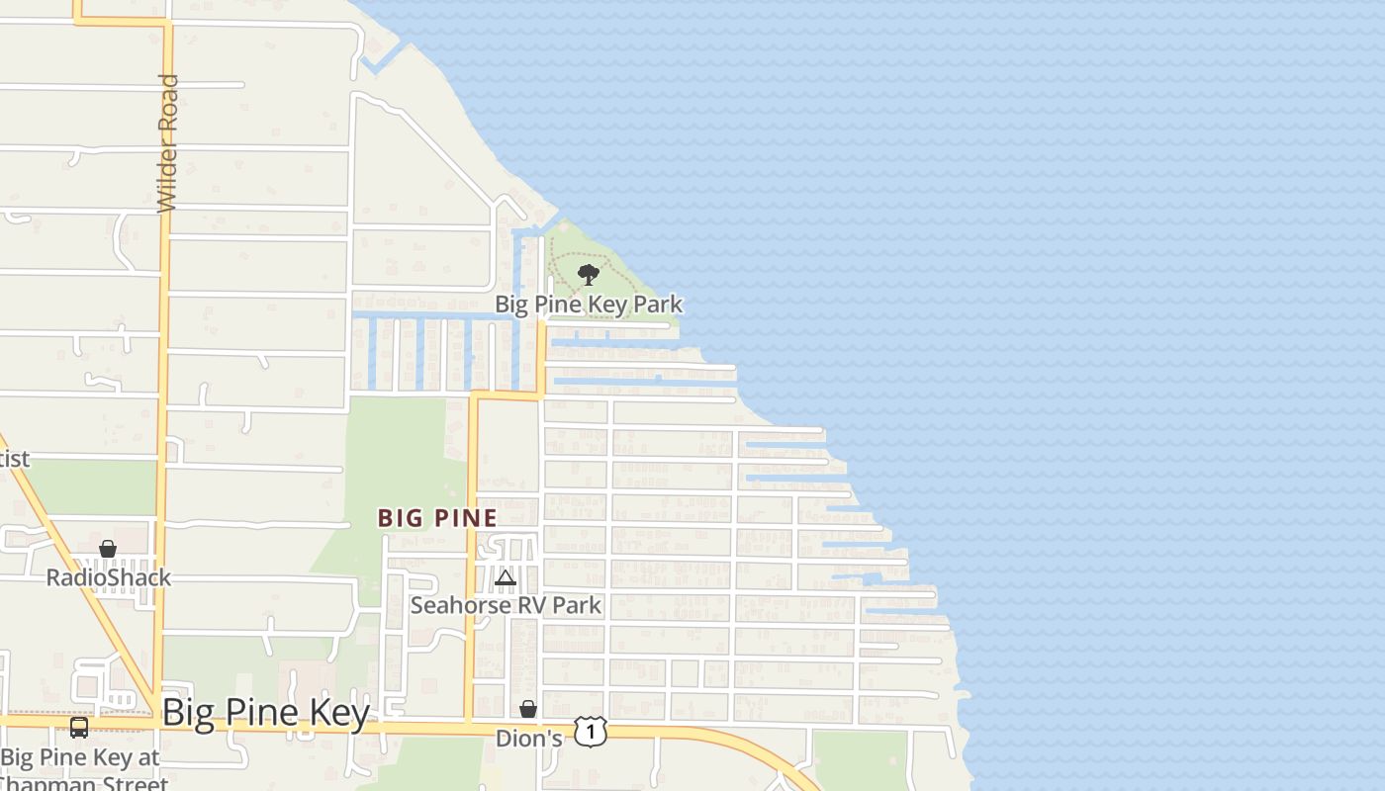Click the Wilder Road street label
168,142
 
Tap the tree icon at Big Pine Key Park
589,275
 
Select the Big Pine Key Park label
589,305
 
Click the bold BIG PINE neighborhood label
437,517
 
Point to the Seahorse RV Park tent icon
506,578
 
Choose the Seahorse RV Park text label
506,605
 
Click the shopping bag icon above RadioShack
108,550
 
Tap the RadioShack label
109,577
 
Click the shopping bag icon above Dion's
528,709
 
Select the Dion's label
528,739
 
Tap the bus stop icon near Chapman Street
79,729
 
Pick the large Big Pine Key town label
265,712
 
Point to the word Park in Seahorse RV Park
576,605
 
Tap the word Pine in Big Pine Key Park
561,305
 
